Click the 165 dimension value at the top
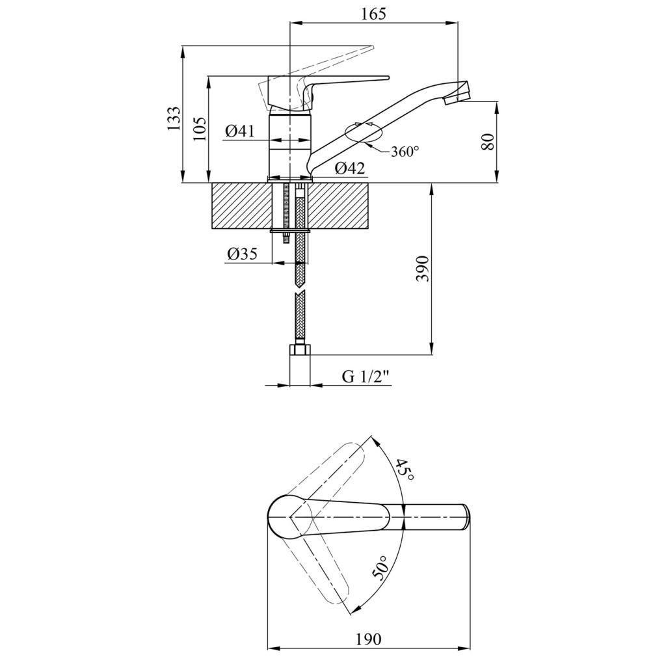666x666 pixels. [x=374, y=14]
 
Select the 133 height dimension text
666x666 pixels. [x=174, y=118]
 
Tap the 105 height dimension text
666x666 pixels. [x=202, y=128]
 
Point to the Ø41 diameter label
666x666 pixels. [x=240, y=131]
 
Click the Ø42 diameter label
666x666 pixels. [x=350, y=168]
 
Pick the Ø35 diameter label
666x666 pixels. [x=243, y=254]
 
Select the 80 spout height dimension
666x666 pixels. [x=488, y=142]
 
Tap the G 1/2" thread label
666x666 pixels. [x=366, y=377]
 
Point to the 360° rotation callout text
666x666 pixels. [x=405, y=151]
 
